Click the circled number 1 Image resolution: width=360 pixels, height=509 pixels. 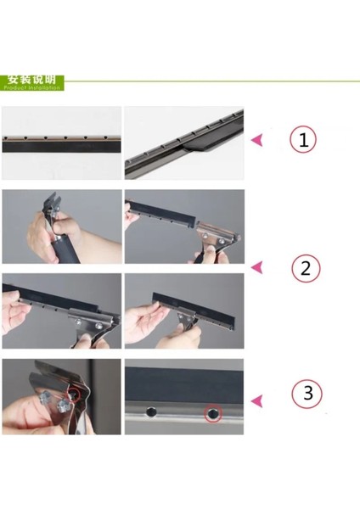tap(302, 140)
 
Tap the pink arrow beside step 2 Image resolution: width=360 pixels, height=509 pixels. tap(258, 269)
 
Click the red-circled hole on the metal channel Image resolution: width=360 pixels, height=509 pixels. tap(212, 414)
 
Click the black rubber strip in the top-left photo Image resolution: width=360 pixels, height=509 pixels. tap(60, 146)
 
